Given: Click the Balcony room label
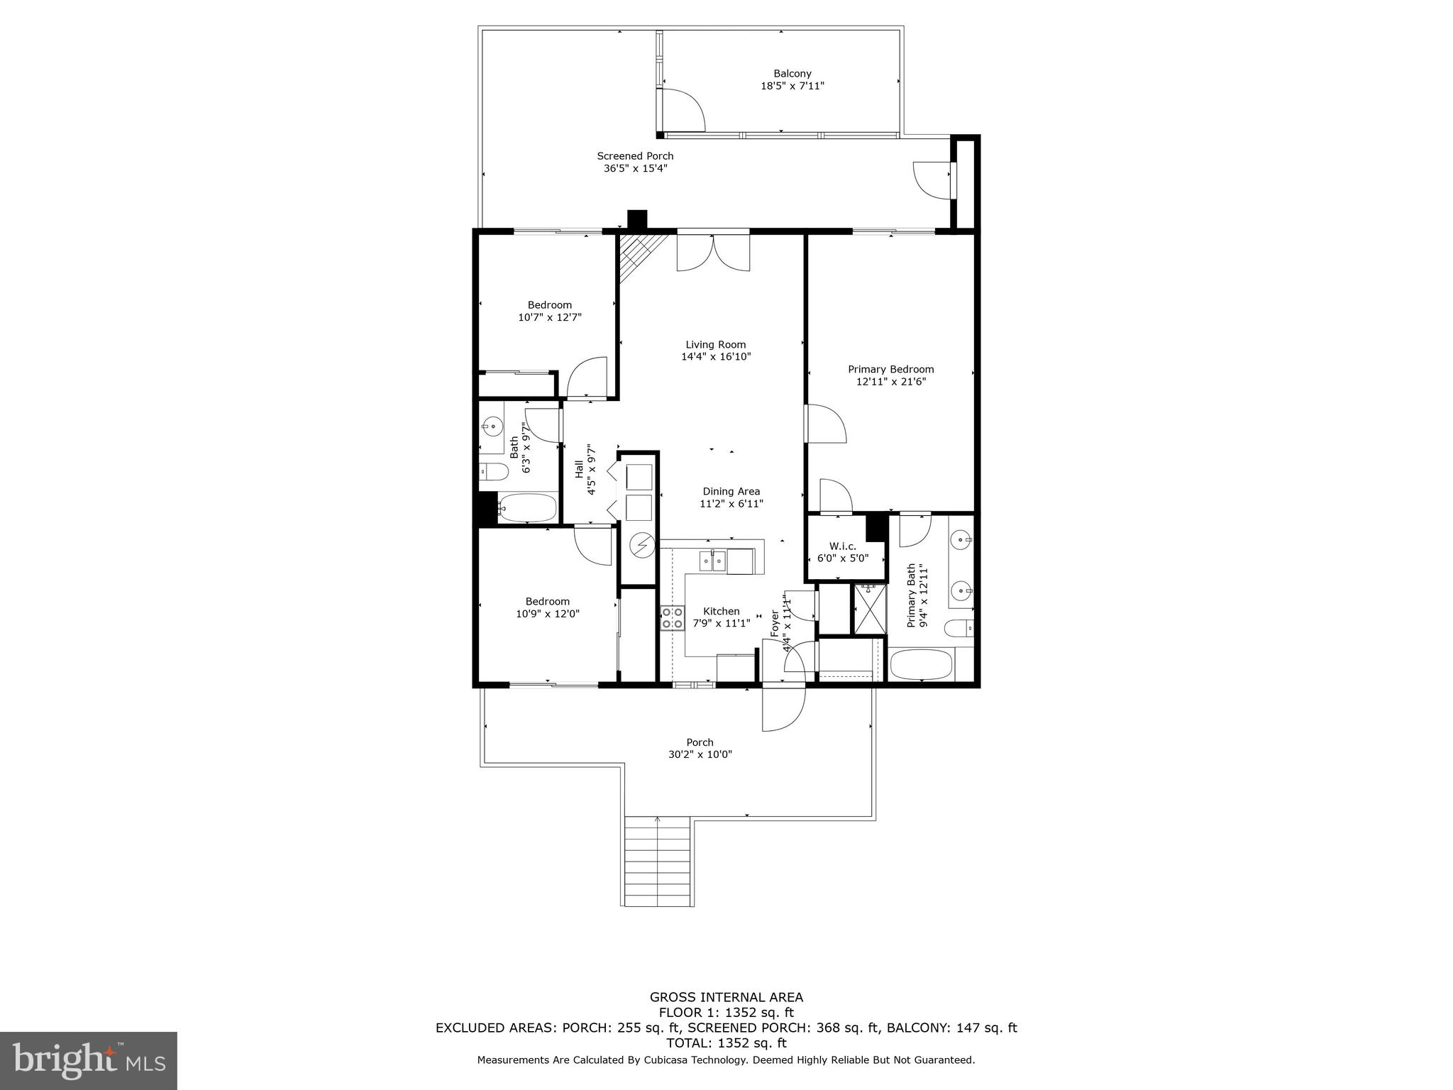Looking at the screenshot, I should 792,74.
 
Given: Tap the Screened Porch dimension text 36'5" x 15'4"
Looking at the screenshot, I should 635,169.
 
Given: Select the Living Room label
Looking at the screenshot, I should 715,345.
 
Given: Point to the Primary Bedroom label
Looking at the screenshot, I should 890,369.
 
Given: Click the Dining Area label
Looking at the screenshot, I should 731,491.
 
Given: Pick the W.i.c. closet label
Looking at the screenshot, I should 843,546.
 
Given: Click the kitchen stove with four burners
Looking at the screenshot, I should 672,618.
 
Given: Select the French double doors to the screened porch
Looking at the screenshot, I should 713,253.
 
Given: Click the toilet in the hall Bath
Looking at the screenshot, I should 493,471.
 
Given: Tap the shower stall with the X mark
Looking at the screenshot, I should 870,609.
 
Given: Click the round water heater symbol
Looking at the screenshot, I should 643,546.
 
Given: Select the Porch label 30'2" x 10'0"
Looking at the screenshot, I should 700,749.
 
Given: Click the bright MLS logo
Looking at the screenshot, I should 88,1060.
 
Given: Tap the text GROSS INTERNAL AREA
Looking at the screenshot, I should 726,998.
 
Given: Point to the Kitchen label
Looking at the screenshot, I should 721,611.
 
